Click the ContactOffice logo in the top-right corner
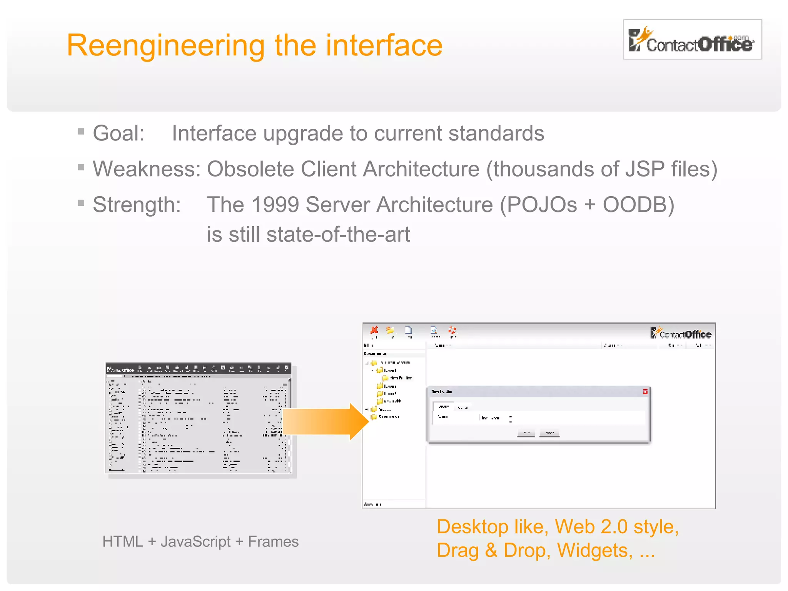tap(692, 40)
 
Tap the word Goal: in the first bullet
tap(119, 134)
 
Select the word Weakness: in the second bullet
tap(147, 169)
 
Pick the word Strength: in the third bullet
tap(137, 205)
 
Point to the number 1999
tap(275, 205)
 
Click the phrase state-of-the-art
tap(338, 234)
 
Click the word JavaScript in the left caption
tap(195, 542)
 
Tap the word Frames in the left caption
tap(273, 542)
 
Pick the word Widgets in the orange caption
tap(594, 551)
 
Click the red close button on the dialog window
tap(645, 392)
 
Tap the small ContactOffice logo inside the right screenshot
tap(680, 333)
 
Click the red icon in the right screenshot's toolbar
tap(374, 330)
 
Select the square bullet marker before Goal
tap(81, 132)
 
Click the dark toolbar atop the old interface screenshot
tap(198, 369)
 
